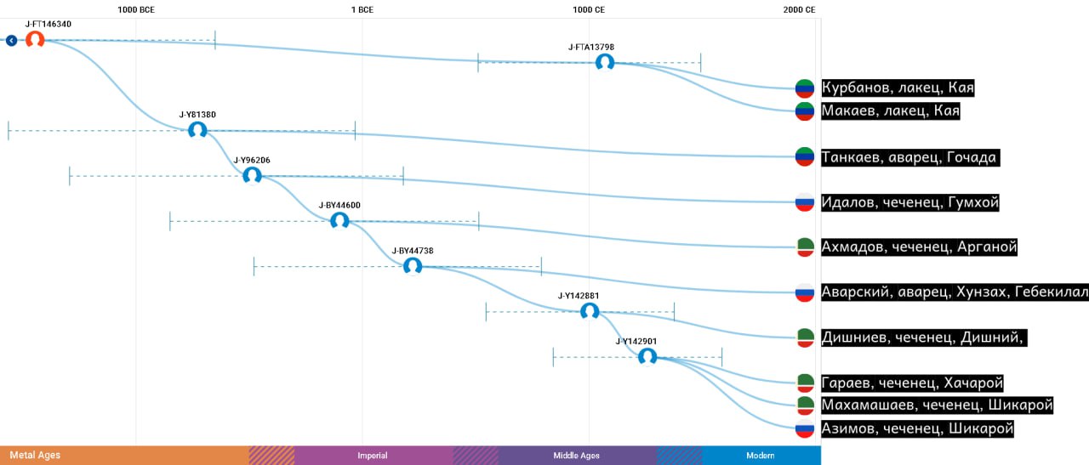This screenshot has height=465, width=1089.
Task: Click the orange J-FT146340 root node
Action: tap(35, 40)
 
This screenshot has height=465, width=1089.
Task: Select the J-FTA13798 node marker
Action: tap(605, 63)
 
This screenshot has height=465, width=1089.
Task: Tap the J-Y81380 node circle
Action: tap(197, 130)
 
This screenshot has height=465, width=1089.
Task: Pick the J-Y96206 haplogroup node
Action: tap(252, 175)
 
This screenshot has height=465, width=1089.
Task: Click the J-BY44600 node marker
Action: tap(339, 221)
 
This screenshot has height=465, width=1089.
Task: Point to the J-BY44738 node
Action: tap(413, 266)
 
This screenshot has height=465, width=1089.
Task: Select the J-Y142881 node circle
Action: tap(590, 311)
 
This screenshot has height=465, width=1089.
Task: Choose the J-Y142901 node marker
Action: tap(647, 357)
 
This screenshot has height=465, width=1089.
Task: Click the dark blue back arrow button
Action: tap(11, 40)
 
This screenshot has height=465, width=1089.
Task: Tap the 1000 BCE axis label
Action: tap(136, 9)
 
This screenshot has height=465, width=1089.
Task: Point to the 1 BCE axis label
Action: tap(362, 9)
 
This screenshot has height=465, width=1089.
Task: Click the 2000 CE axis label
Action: tap(799, 9)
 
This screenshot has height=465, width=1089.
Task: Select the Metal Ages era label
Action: tap(35, 456)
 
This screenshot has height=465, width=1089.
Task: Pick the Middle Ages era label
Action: tap(576, 456)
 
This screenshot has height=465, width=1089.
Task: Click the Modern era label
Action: tap(761, 456)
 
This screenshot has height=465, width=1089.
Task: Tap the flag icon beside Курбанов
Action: tap(805, 88)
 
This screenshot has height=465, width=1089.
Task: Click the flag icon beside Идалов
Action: tap(805, 202)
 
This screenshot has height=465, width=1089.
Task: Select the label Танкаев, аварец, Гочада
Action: tap(910, 157)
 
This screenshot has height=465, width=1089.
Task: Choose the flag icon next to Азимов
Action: tap(805, 428)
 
